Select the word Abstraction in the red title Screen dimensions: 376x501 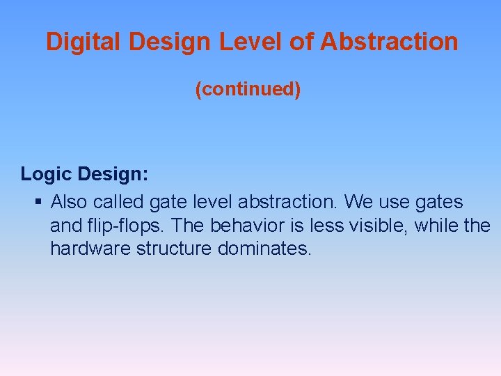(389, 42)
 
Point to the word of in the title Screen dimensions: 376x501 (301, 42)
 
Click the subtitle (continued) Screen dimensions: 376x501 (248, 90)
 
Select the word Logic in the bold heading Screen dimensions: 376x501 (47, 174)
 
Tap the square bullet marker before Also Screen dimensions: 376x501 (38, 203)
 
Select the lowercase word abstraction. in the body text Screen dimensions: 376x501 (288, 203)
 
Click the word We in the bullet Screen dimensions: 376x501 (359, 203)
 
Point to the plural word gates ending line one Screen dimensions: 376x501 (438, 203)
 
